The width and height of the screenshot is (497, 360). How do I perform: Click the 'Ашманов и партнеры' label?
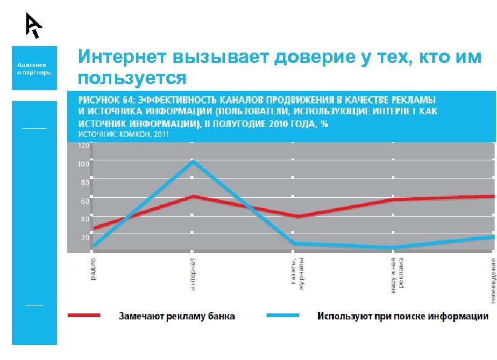34,68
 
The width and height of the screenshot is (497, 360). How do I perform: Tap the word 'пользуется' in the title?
132,77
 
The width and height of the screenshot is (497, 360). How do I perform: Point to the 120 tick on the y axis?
83,146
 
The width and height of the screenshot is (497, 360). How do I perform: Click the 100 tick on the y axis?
83,164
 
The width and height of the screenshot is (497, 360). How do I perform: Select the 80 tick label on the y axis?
85,182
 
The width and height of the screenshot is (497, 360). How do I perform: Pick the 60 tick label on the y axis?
85,201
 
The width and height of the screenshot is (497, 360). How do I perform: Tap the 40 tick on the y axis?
85,219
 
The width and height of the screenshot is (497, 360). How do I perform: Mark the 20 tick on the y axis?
85,238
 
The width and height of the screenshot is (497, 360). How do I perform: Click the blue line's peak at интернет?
193,162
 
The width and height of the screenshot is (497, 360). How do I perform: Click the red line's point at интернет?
193,196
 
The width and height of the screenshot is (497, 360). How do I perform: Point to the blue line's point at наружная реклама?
393,247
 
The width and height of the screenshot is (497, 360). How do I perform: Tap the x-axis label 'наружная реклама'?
396,276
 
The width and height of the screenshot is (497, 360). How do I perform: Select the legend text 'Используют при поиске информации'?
403,316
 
